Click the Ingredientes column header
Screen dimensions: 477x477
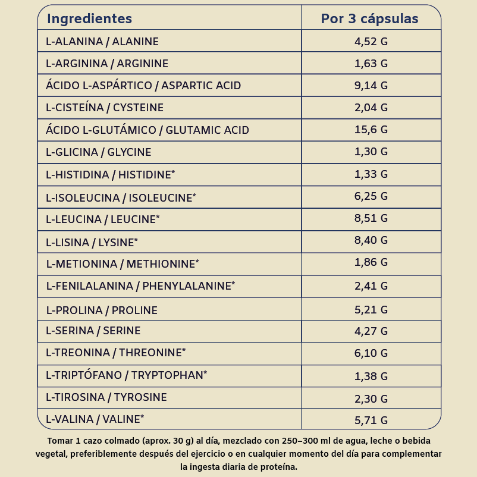pos(89,19)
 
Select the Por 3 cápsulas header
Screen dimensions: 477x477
pos(370,19)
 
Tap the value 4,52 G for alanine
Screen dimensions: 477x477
pos(371,42)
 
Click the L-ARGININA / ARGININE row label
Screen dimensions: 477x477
pos(107,64)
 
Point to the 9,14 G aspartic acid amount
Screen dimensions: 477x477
pos(371,86)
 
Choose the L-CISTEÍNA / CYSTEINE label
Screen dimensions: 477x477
pos(105,108)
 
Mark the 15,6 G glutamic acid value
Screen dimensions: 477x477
pos(371,130)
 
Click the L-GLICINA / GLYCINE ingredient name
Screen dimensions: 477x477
pos(99,152)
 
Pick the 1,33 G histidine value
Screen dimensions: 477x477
pos(371,174)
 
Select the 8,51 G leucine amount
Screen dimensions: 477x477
pos(371,218)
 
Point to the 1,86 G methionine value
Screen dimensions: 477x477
pos(371,262)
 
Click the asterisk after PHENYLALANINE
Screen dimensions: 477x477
pos(233,284)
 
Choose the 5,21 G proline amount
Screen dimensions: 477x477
pos(371,310)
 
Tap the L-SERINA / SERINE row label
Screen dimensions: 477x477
pos(93,331)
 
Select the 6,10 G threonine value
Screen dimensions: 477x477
pos(371,353)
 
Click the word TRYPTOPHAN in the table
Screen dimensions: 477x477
pos(167,375)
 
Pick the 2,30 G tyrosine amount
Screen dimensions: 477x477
pos(371,397)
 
